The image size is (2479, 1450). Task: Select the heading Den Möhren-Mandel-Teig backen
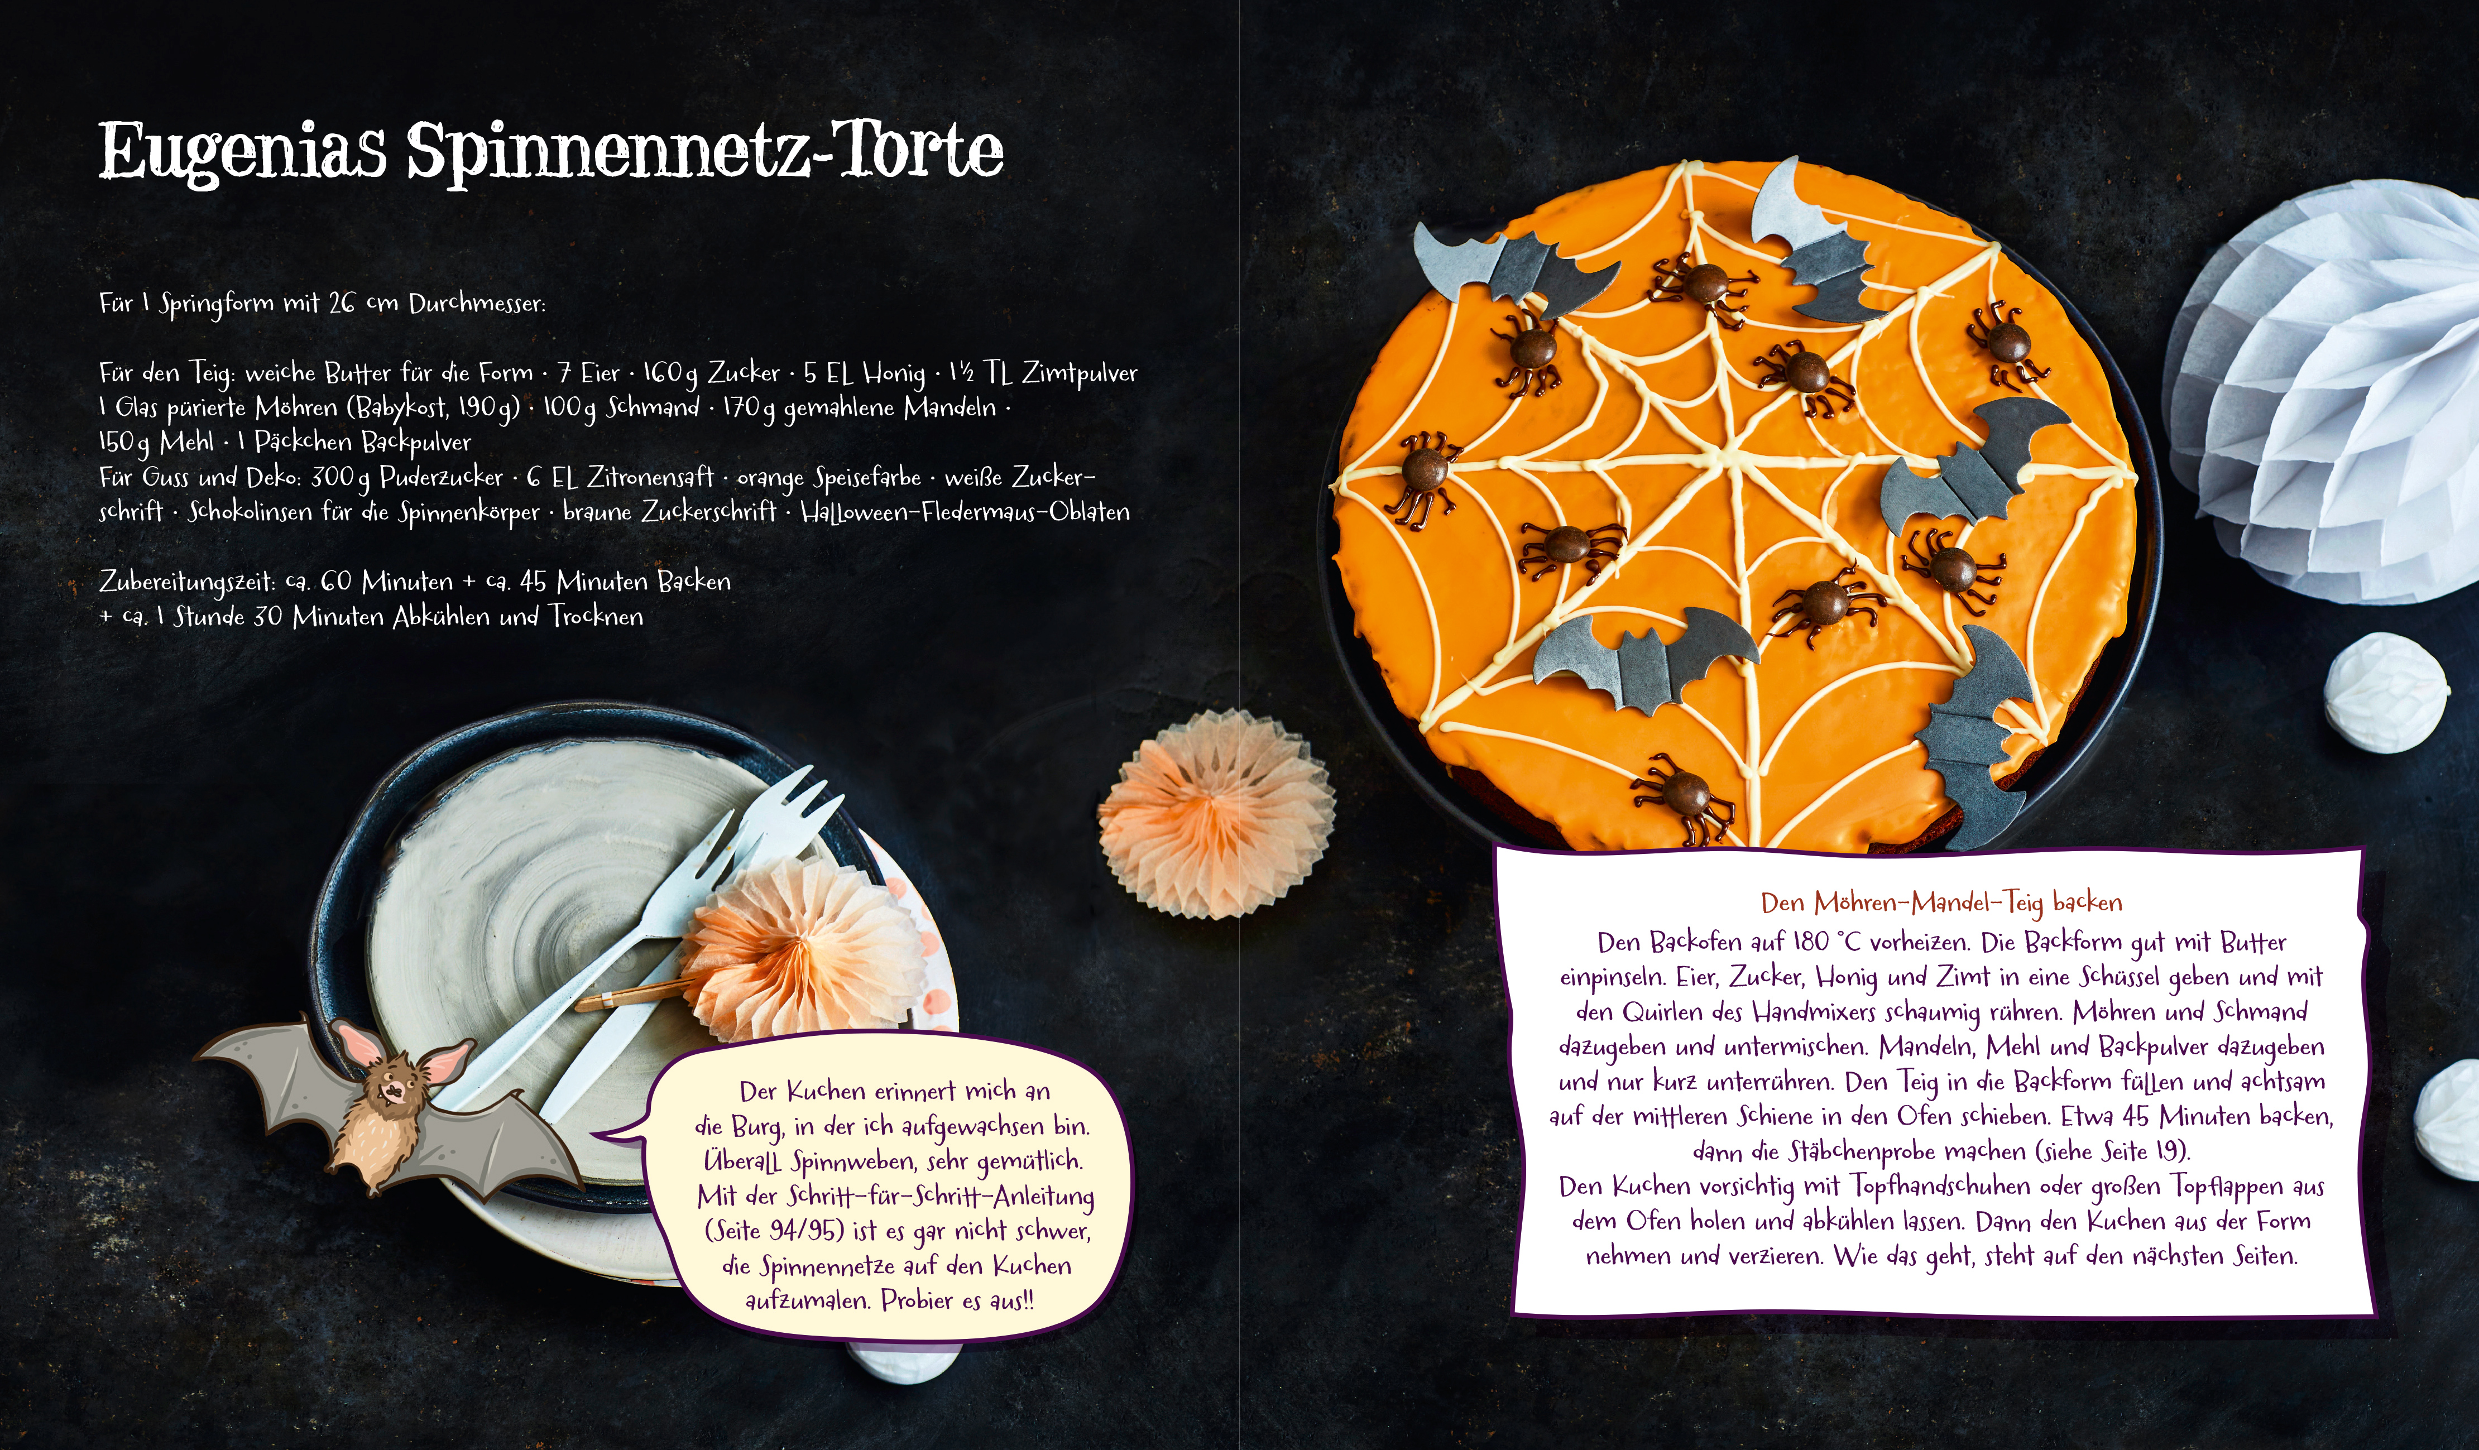pyautogui.click(x=1941, y=902)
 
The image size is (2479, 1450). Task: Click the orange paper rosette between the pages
pyautogui.click(x=1217, y=814)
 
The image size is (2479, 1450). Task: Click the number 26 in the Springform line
pyautogui.click(x=342, y=303)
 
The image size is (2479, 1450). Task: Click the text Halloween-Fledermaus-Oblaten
pyautogui.click(x=965, y=512)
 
